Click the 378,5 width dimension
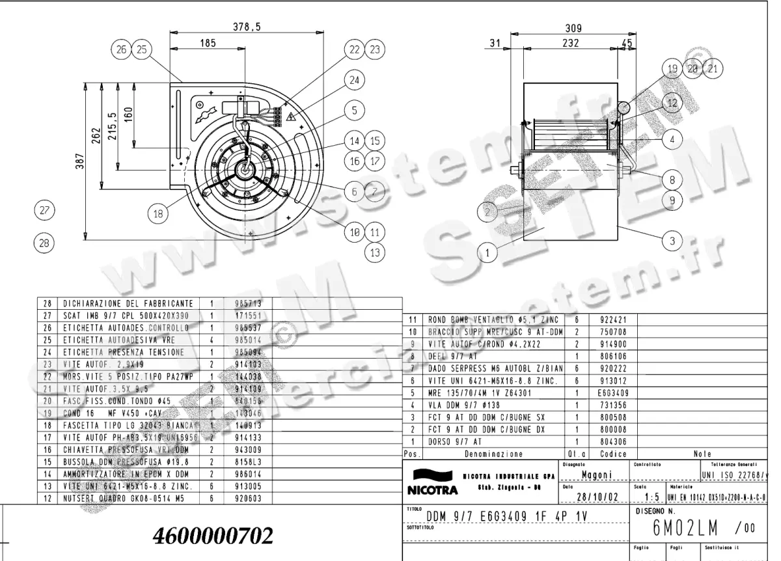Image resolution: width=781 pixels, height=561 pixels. coord(246,27)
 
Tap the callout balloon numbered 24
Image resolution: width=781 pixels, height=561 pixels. coord(353,80)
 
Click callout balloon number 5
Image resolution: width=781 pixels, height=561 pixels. coord(353,111)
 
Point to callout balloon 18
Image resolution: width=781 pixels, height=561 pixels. coord(158,213)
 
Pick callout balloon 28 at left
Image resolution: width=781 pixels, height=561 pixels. coord(44,242)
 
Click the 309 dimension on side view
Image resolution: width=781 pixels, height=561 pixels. coord(572,29)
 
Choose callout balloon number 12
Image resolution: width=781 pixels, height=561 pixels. coord(672,102)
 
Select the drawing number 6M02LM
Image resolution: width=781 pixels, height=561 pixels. coord(680,528)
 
